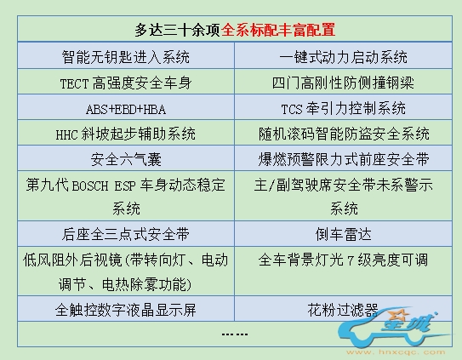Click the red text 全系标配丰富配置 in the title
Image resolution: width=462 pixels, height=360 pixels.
(x=278, y=30)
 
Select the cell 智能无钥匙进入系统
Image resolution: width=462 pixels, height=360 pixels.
(x=126, y=56)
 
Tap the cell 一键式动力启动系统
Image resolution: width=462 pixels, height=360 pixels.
(x=343, y=56)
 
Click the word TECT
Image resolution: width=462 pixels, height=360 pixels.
(x=74, y=83)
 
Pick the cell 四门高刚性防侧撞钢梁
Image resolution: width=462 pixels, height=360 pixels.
(x=343, y=83)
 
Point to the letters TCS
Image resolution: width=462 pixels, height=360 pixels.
(x=292, y=110)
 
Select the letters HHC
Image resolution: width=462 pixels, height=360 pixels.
(x=67, y=135)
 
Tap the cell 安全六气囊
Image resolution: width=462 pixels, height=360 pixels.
(x=126, y=158)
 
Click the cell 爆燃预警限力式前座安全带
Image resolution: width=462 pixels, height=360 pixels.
(x=343, y=158)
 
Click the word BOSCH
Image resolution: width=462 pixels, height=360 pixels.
(x=90, y=186)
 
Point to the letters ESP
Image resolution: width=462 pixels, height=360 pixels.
(x=125, y=186)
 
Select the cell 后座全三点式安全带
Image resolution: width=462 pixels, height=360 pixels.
(x=126, y=234)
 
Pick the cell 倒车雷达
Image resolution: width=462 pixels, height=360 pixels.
(x=343, y=234)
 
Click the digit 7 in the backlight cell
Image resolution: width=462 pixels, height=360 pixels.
(x=351, y=261)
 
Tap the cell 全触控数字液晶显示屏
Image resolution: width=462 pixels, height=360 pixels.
(x=126, y=309)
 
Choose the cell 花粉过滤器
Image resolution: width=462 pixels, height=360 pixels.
(x=343, y=309)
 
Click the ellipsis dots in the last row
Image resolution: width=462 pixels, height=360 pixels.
(x=235, y=334)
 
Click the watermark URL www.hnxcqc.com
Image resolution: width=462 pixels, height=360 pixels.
(x=396, y=351)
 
